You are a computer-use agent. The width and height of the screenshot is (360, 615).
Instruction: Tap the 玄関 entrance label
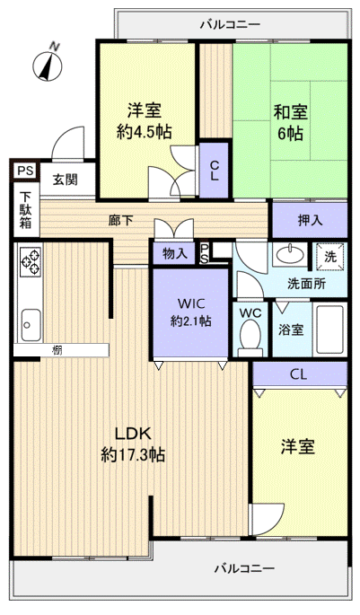click(x=64, y=180)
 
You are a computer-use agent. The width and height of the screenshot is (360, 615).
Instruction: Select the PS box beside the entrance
click(x=23, y=168)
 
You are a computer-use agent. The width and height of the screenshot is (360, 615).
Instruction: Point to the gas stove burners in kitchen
click(x=30, y=262)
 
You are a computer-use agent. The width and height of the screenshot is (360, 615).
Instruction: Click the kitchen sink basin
click(x=30, y=320)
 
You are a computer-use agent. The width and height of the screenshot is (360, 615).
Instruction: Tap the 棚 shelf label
click(x=57, y=350)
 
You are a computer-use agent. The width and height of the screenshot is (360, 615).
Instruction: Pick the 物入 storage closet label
click(x=174, y=253)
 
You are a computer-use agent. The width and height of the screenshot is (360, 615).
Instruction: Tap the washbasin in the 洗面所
click(x=289, y=255)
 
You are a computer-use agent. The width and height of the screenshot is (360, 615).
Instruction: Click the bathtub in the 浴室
click(x=331, y=330)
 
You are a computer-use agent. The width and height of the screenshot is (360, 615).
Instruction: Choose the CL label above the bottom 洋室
click(x=299, y=374)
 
